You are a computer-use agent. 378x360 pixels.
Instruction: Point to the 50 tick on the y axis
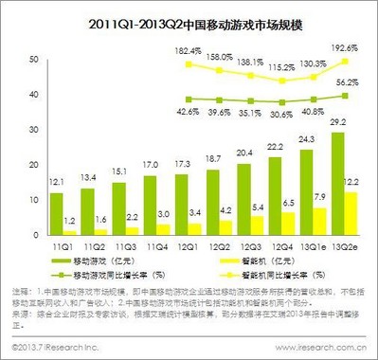pyautogui.click(x=34, y=59)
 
